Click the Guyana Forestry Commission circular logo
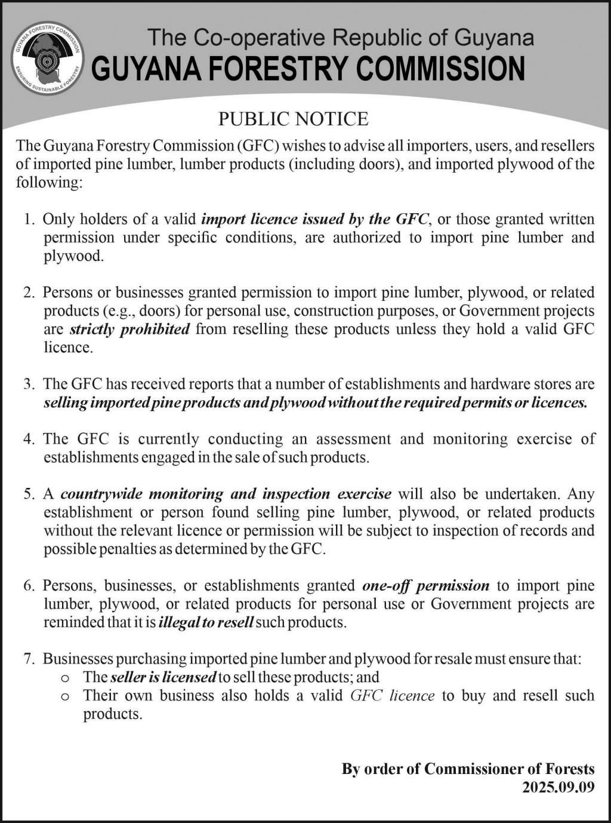tap(48, 58)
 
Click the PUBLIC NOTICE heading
tap(293, 119)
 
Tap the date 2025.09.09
tap(558, 787)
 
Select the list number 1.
tap(29, 219)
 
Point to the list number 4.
tap(29, 439)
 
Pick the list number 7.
tap(29, 659)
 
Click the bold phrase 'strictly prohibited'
tap(129, 329)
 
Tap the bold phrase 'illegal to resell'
tap(206, 622)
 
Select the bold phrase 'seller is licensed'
tap(163, 677)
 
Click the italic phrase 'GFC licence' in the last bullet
tap(392, 696)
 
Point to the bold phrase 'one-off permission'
tap(425, 585)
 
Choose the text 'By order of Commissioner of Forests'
tap(468, 769)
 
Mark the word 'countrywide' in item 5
tap(101, 494)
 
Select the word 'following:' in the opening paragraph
tap(48, 182)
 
